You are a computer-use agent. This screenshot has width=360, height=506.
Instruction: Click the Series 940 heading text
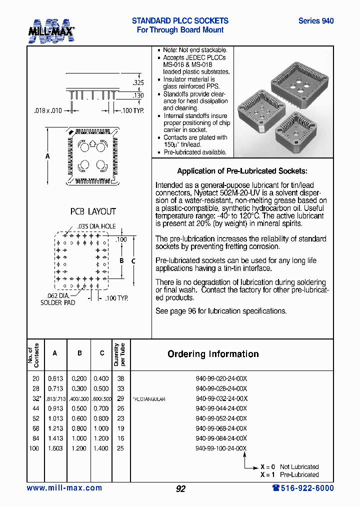[x=315, y=21]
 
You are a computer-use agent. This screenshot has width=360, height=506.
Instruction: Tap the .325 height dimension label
[x=138, y=82]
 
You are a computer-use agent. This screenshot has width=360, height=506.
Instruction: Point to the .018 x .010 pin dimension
[x=48, y=110]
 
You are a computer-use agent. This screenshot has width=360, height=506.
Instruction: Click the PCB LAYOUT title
[x=92, y=211]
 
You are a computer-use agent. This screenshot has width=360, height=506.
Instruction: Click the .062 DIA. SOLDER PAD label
[x=57, y=299]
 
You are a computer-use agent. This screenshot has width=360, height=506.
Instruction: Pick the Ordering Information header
[x=213, y=354]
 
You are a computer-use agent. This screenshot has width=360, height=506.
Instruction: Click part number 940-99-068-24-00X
[x=221, y=428]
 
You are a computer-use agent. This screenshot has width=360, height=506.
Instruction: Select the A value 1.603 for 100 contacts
[x=55, y=448]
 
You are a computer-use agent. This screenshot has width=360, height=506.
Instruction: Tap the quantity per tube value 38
[x=120, y=379]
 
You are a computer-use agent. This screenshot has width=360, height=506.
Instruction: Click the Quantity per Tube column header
[x=120, y=354]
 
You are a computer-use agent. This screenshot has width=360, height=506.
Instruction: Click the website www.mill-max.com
[x=64, y=488]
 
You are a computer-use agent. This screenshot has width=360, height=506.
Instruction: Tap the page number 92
[x=180, y=489]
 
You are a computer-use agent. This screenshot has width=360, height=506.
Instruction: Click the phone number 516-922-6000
[x=303, y=488]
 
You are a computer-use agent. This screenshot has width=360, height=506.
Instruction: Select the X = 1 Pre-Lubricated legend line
[x=289, y=474]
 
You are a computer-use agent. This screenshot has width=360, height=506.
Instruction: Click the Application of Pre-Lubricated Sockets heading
[x=242, y=171]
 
